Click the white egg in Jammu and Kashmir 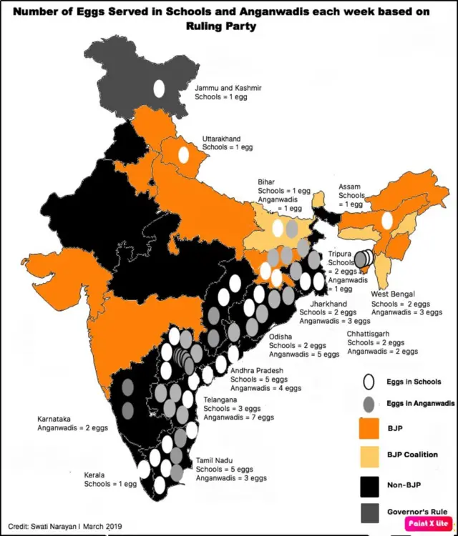pos(158,89)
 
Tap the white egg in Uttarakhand pos(183,154)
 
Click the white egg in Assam pos(387,220)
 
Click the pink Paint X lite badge pos(427,523)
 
